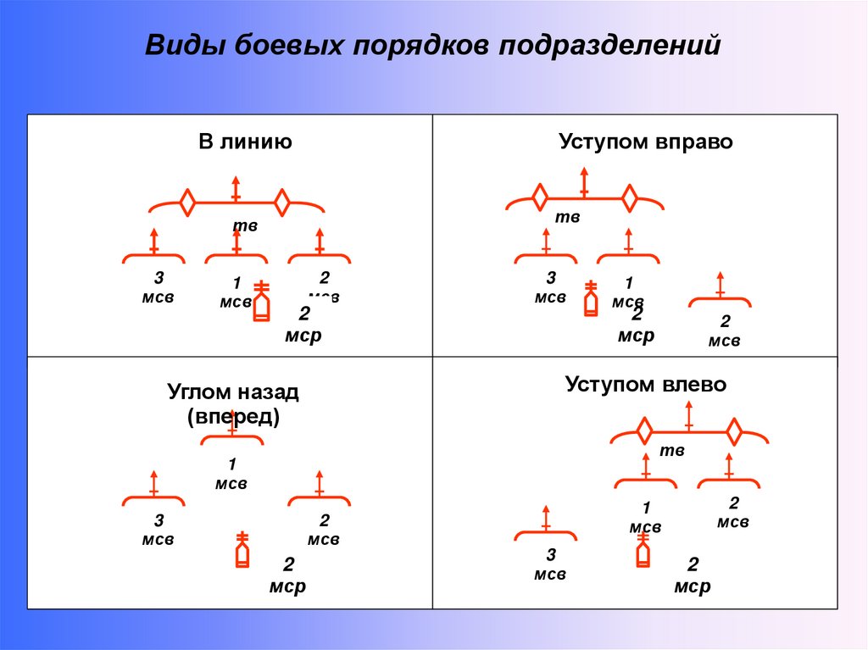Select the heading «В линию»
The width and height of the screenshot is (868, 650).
pyautogui.click(x=246, y=142)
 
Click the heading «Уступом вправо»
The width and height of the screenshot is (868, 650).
pyautogui.click(x=646, y=142)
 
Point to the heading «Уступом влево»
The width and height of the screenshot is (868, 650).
pyautogui.click(x=646, y=384)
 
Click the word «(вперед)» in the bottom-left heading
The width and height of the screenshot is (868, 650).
pyautogui.click(x=233, y=417)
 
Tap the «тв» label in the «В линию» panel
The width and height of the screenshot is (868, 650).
pyautogui.click(x=245, y=226)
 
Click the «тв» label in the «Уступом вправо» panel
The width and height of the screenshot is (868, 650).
pyautogui.click(x=567, y=218)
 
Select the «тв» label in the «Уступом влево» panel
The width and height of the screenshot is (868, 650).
pyautogui.click(x=671, y=451)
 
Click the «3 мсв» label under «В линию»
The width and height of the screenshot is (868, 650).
pyautogui.click(x=158, y=287)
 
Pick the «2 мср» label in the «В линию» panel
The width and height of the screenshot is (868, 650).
pyautogui.click(x=303, y=325)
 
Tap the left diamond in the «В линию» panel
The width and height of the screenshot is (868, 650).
pyautogui.click(x=187, y=203)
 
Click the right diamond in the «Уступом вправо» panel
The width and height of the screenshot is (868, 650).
pyautogui.click(x=629, y=198)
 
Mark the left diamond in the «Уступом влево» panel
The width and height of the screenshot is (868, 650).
pyautogui.click(x=644, y=431)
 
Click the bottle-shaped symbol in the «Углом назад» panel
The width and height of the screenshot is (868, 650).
pyautogui.click(x=242, y=551)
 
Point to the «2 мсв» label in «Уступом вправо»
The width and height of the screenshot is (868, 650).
pyautogui.click(x=725, y=331)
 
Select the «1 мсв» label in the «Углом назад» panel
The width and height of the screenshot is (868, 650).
pyautogui.click(x=231, y=474)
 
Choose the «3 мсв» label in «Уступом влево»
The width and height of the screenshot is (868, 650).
pyautogui.click(x=550, y=564)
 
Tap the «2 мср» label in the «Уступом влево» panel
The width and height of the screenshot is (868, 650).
pyautogui.click(x=693, y=575)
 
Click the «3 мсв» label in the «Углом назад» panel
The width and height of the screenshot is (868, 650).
pyautogui.click(x=158, y=530)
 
